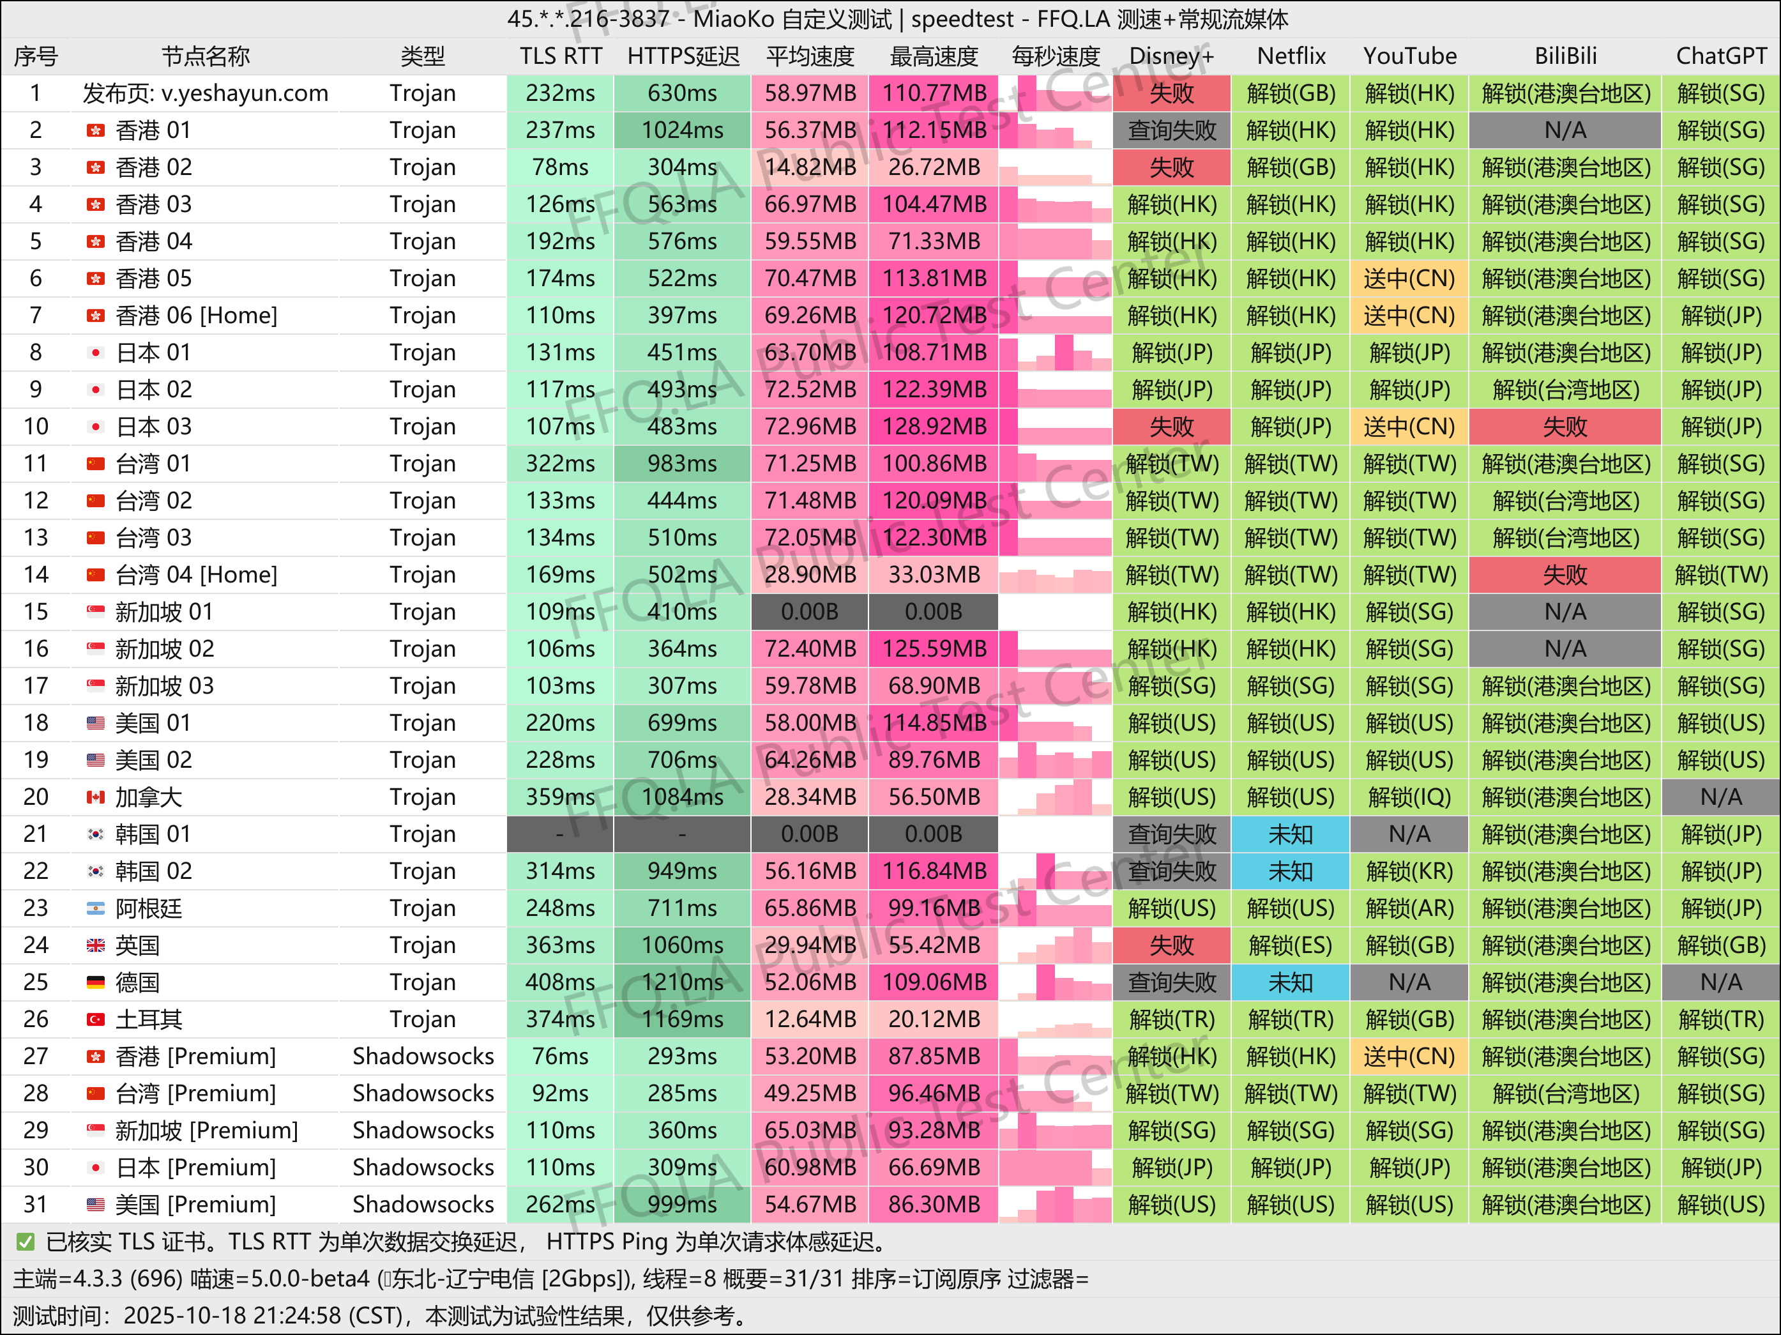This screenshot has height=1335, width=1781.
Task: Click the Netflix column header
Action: [x=1291, y=56]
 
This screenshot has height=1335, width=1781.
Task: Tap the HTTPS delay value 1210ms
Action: [x=682, y=982]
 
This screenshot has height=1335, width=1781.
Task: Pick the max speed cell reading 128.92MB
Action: [x=933, y=427]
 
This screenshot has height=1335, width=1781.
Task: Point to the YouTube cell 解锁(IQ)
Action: [x=1409, y=797]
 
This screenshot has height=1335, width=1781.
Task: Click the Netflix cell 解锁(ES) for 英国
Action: [x=1291, y=945]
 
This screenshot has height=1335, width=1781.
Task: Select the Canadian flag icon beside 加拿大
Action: [x=96, y=797]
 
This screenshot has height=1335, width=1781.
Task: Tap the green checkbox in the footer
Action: [x=26, y=1242]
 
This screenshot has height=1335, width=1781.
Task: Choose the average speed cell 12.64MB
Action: [x=809, y=1019]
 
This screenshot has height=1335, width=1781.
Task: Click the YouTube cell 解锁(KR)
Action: [x=1409, y=871]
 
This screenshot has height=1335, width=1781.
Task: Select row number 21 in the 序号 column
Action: [x=35, y=834]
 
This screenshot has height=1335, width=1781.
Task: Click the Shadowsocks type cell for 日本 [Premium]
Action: [x=423, y=1168]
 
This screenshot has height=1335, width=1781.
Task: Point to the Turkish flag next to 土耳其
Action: [x=96, y=1019]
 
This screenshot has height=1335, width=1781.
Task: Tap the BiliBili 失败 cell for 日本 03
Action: [x=1565, y=427]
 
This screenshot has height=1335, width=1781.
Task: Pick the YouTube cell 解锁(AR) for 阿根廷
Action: [x=1409, y=908]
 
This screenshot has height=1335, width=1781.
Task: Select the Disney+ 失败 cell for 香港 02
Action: [x=1172, y=167]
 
